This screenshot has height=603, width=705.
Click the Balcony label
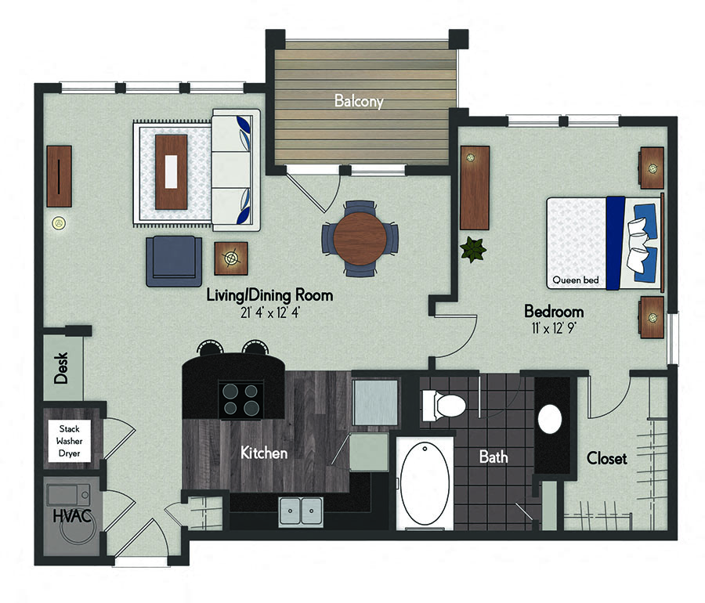pos(359,101)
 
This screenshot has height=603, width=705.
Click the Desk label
pos(62,366)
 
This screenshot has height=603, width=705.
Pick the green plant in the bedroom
pos(472,250)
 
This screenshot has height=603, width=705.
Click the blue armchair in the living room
pos(173,261)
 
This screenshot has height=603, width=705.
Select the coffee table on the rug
pos(171,172)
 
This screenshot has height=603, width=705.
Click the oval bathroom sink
pos(551,418)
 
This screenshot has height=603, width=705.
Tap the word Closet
pos(606,458)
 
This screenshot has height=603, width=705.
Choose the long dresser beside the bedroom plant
pos(475,188)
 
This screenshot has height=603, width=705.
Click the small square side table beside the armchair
pos(231,257)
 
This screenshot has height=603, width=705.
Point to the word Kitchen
pos(263,453)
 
